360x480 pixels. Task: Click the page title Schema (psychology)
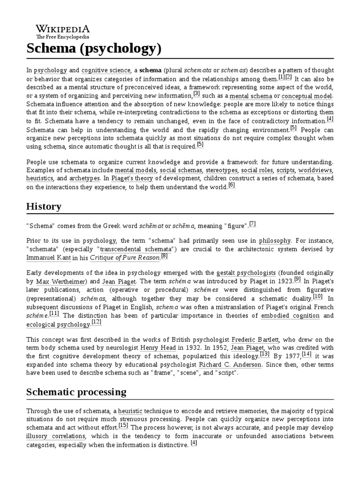click(x=94, y=48)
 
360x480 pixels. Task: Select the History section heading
click(x=44, y=206)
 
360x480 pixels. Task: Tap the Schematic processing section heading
click(x=76, y=392)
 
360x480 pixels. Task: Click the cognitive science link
click(x=105, y=70)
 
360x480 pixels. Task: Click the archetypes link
click(x=84, y=178)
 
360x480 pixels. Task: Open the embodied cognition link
click(x=290, y=315)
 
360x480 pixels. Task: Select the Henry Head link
click(x=157, y=348)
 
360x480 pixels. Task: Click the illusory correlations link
click(x=56, y=436)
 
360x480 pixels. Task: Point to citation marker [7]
click(x=253, y=224)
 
